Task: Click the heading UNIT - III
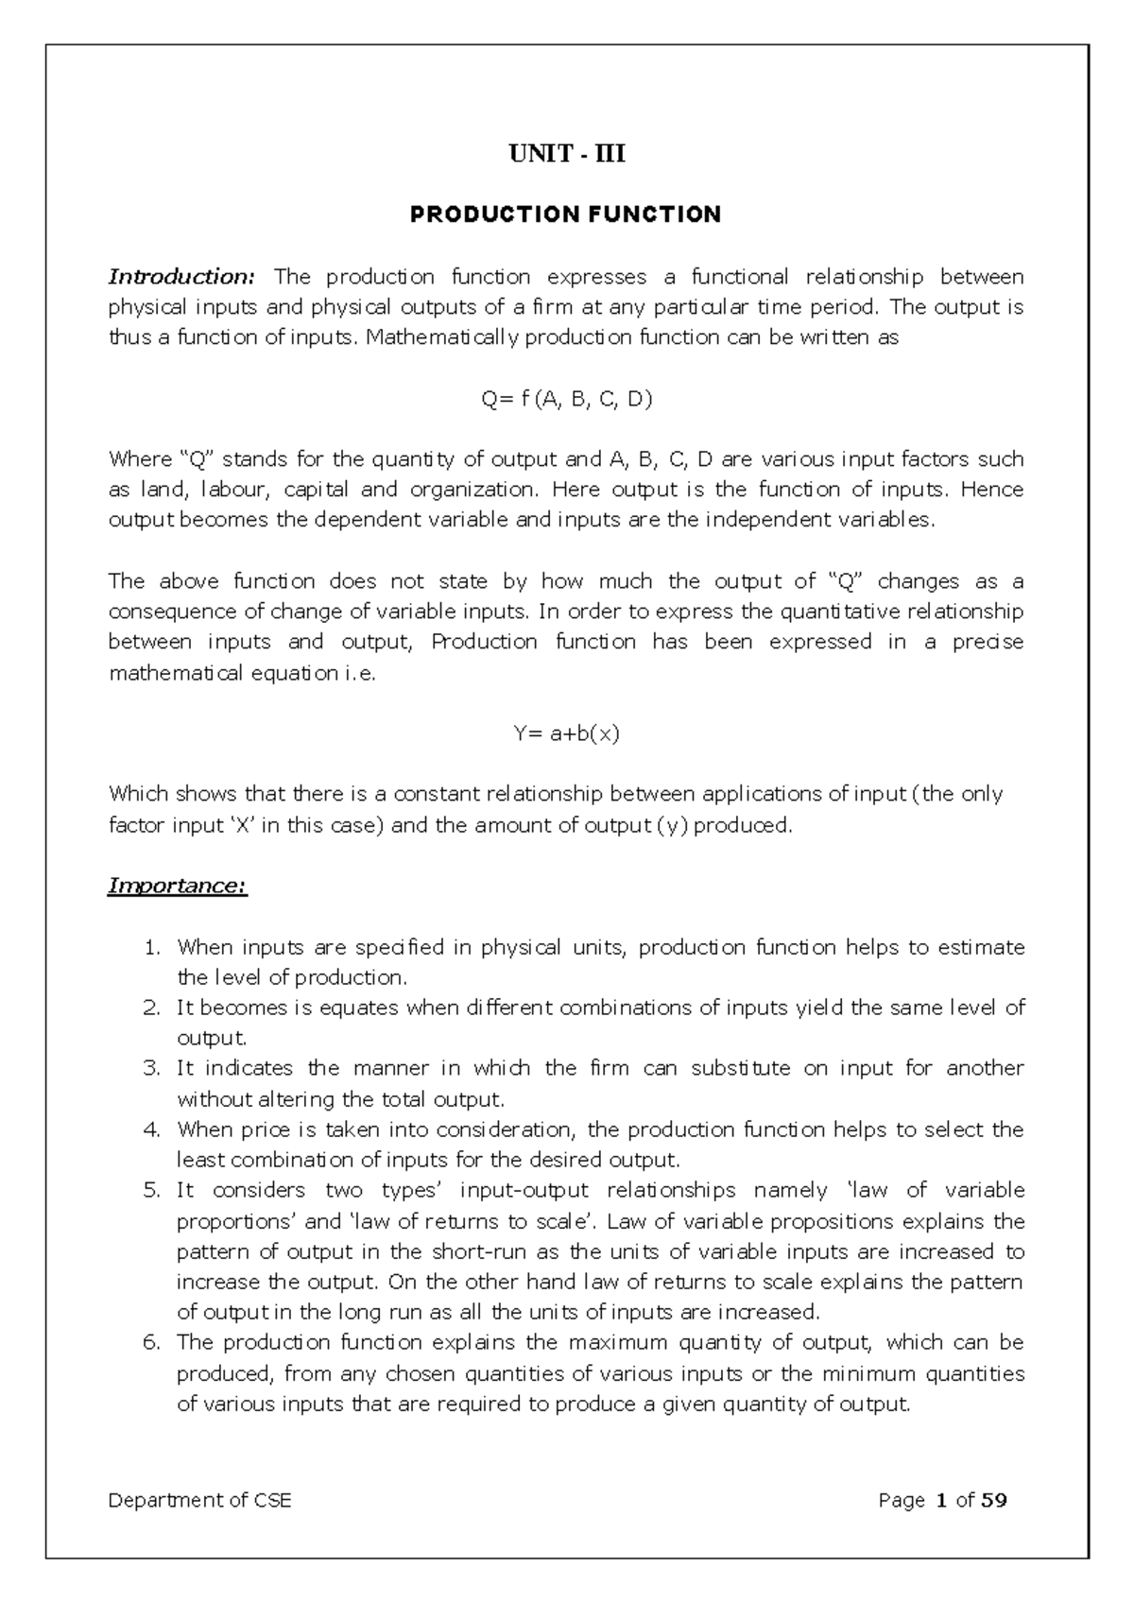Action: click(566, 153)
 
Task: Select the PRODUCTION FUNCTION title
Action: click(565, 215)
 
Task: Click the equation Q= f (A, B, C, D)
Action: click(566, 399)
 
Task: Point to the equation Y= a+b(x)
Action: click(566, 733)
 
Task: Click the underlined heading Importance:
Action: click(178, 887)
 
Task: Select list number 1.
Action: click(152, 947)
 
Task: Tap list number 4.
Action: click(152, 1129)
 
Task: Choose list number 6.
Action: click(152, 1342)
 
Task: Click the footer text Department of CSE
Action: click(200, 1500)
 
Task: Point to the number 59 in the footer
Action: click(994, 1500)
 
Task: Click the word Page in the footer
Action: click(901, 1500)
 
